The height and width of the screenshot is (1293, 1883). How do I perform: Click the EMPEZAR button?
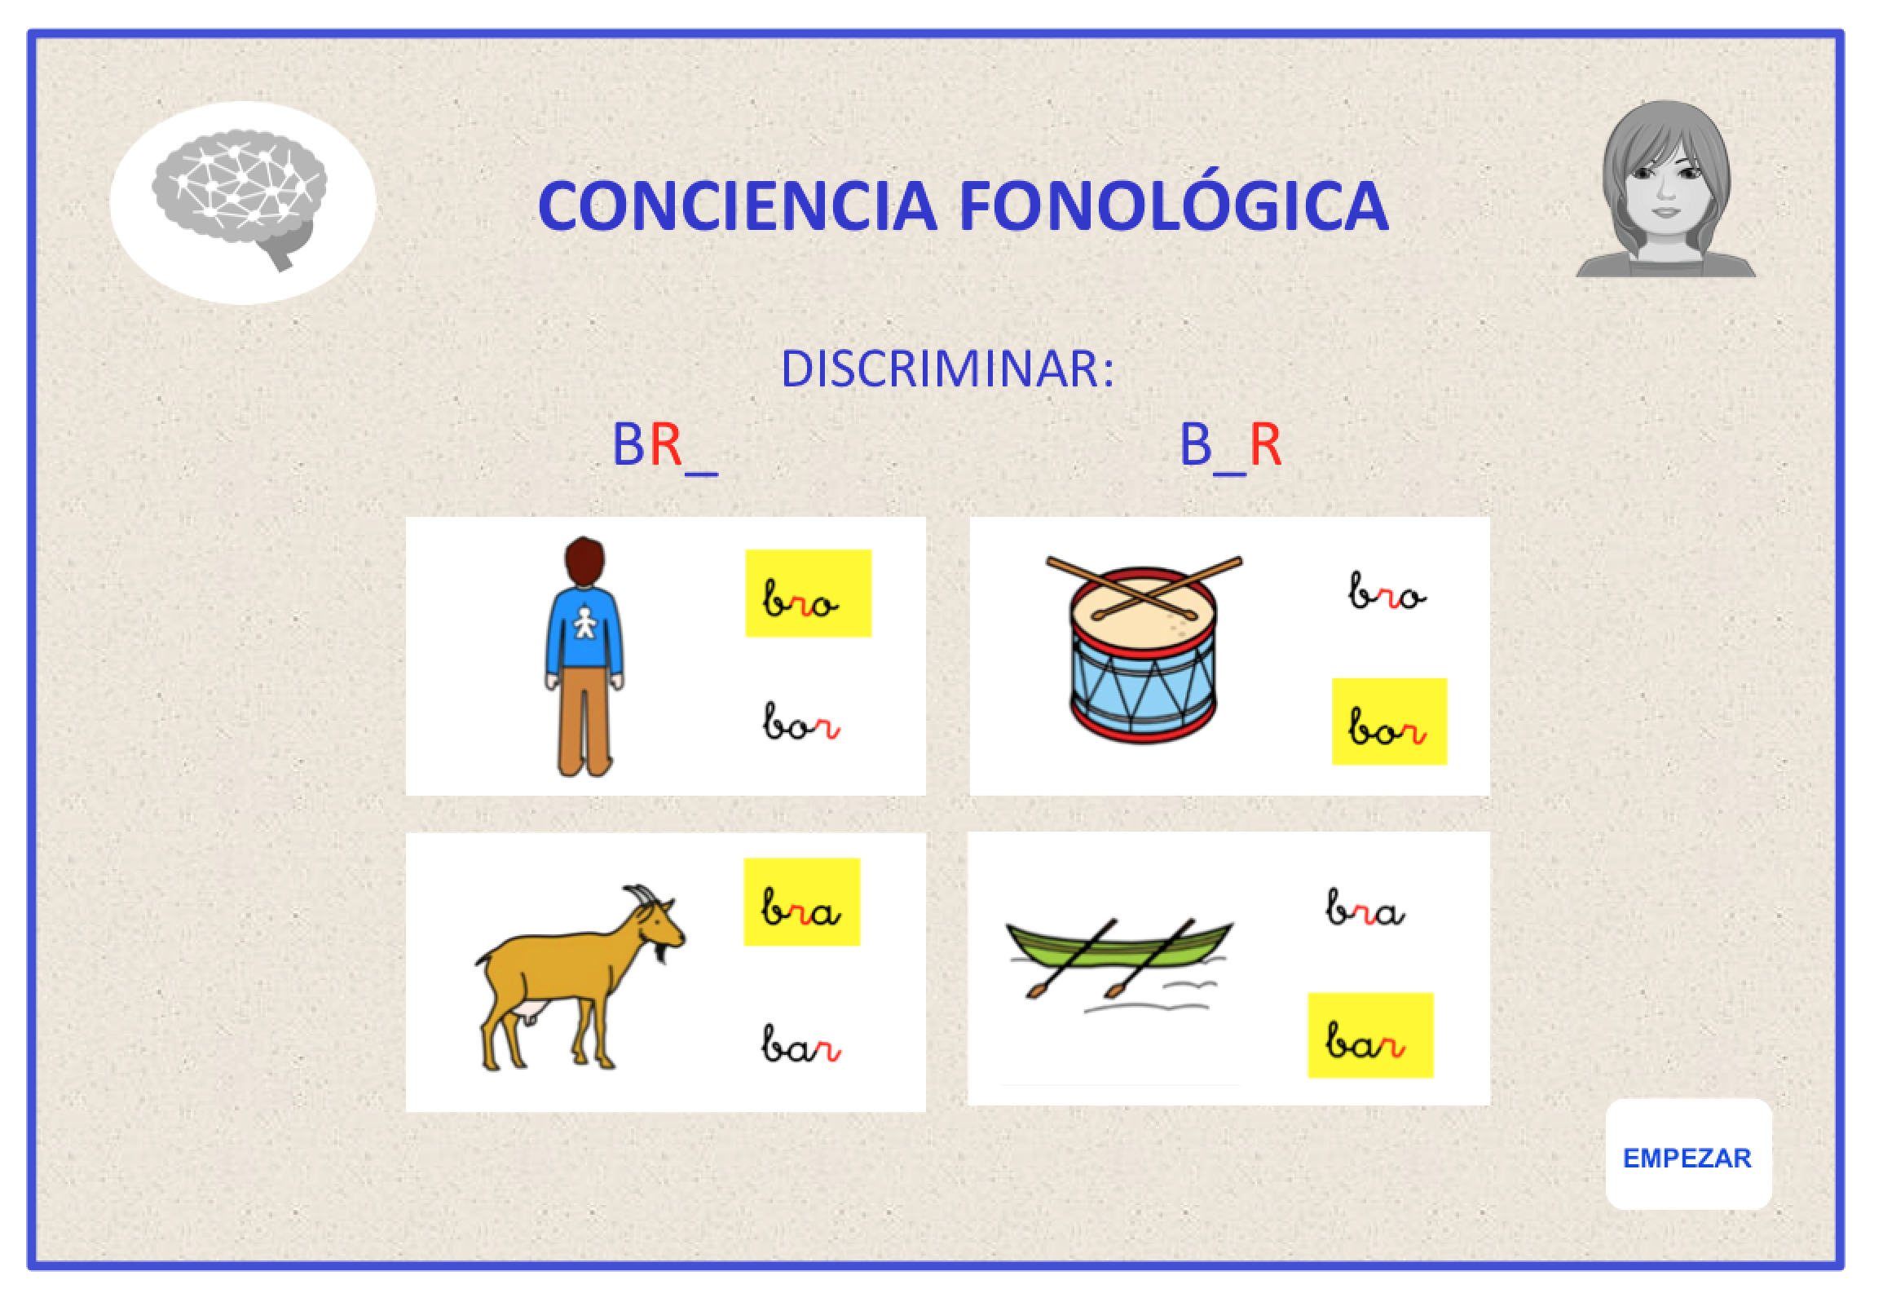click(1688, 1158)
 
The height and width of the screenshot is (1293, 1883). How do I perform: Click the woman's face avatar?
click(1666, 188)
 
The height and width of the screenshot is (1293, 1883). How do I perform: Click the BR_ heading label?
click(664, 446)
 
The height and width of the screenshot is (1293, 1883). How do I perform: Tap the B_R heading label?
click(1231, 446)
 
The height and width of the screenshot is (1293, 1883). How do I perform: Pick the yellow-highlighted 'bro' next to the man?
click(808, 593)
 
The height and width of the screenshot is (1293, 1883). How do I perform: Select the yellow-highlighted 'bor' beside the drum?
click(1389, 722)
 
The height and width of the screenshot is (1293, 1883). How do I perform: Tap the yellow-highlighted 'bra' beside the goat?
click(801, 902)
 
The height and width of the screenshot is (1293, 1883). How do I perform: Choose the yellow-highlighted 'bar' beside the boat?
click(1370, 1035)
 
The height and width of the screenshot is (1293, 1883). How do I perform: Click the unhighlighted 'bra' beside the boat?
click(1365, 908)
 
